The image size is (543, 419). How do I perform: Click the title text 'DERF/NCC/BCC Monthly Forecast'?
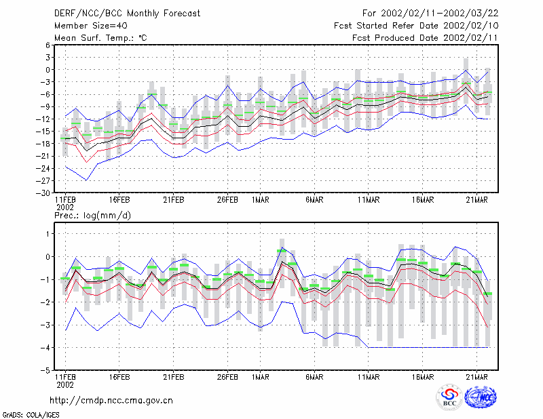pos(127,14)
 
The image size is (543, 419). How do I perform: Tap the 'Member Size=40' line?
pos(91,26)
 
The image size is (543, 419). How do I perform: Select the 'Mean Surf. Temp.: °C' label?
pos(100,38)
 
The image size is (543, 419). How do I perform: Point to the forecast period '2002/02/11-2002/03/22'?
pos(439,14)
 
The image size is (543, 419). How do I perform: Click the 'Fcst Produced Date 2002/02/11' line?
pos(425,38)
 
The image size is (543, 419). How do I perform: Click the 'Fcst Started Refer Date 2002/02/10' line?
pos(416,26)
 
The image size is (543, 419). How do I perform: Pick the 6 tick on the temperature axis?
pos(48,45)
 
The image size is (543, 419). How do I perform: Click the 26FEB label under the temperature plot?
pos(227,200)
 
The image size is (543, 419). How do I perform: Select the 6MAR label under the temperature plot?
pos(314,200)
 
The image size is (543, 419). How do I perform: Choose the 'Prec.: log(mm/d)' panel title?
pos(93,216)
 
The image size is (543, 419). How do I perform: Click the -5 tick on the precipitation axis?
pos(45,370)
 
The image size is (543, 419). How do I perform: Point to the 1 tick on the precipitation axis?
pos(48,234)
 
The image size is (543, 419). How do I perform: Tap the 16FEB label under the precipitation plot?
pos(119,377)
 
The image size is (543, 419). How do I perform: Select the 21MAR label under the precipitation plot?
pos(477,377)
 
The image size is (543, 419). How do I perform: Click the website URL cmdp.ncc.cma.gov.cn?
pos(111,401)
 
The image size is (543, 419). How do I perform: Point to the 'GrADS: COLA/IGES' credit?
pos(31,415)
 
